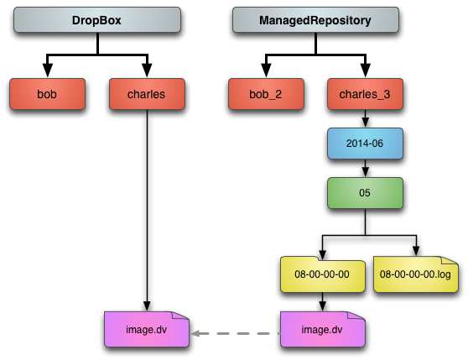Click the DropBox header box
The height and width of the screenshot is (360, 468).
[97, 20]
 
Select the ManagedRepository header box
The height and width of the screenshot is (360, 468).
[315, 20]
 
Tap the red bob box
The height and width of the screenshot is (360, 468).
[47, 94]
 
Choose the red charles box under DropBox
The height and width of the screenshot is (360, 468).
[147, 94]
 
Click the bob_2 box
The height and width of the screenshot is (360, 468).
[266, 94]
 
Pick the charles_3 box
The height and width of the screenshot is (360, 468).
[365, 94]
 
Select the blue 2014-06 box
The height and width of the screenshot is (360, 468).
[365, 143]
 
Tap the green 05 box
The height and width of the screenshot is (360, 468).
[365, 193]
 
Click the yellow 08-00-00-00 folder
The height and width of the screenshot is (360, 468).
[322, 274]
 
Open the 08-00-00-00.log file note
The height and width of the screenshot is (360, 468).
[416, 274]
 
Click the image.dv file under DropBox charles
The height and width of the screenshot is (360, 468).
[147, 329]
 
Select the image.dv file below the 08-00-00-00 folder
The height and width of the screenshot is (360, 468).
[322, 329]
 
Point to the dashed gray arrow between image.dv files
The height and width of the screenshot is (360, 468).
[235, 333]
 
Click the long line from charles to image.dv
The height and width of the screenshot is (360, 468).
[147, 211]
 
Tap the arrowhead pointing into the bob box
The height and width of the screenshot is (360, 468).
[48, 70]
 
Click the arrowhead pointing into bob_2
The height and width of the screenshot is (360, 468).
[266, 70]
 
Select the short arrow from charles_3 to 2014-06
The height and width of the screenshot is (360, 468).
[365, 119]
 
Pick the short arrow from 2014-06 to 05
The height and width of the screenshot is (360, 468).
[365, 168]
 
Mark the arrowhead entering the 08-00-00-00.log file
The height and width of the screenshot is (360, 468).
[416, 251]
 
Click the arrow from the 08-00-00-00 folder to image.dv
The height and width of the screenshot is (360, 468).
[322, 302]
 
